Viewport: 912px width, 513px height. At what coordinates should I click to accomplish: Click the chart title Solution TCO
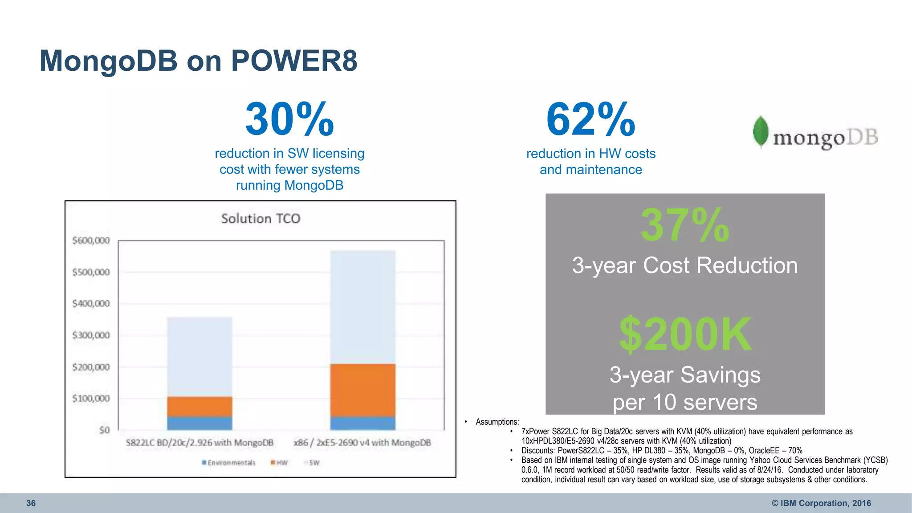click(261, 218)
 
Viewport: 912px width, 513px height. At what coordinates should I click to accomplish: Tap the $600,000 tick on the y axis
click(91, 240)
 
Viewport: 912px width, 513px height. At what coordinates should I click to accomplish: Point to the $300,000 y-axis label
click(91, 335)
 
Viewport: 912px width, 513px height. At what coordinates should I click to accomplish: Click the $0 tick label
click(104, 430)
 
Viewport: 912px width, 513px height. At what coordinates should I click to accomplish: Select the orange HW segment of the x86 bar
click(362, 390)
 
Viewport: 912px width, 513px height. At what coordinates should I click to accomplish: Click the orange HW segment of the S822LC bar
click(199, 406)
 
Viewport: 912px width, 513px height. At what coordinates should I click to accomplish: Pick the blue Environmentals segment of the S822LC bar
click(199, 423)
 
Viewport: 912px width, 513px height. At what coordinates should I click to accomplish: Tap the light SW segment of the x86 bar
click(362, 307)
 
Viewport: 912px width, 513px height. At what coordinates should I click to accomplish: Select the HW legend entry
click(279, 463)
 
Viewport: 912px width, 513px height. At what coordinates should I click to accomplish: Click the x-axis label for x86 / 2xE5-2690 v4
click(362, 443)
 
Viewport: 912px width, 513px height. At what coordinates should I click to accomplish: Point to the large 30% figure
click(289, 119)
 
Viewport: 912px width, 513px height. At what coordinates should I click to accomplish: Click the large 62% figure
click(590, 119)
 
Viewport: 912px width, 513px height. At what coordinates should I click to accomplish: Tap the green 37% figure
click(684, 225)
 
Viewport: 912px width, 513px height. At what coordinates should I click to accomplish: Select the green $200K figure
click(685, 334)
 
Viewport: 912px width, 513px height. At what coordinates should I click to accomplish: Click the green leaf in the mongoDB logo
click(761, 131)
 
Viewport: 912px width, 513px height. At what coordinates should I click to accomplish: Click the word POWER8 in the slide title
click(294, 61)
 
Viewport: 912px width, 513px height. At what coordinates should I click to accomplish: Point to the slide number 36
click(31, 503)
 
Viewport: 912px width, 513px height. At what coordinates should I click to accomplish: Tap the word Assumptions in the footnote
click(497, 422)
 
